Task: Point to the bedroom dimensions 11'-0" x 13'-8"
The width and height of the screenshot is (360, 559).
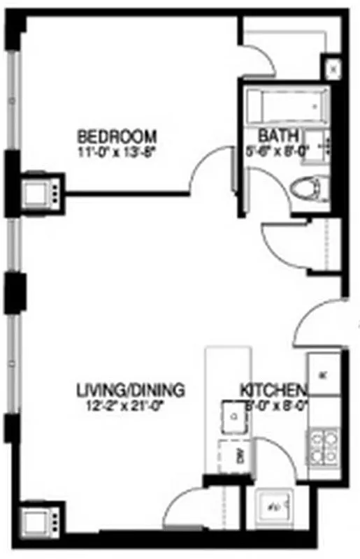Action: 117,150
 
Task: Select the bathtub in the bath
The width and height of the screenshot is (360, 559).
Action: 287,107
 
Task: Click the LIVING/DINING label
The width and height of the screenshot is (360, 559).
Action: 130,389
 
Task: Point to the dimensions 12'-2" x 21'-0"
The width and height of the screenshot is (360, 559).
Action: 130,403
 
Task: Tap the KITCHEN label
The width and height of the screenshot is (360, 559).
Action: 273,389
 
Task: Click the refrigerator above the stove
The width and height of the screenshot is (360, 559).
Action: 324,375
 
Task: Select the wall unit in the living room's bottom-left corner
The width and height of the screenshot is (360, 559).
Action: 36,521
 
